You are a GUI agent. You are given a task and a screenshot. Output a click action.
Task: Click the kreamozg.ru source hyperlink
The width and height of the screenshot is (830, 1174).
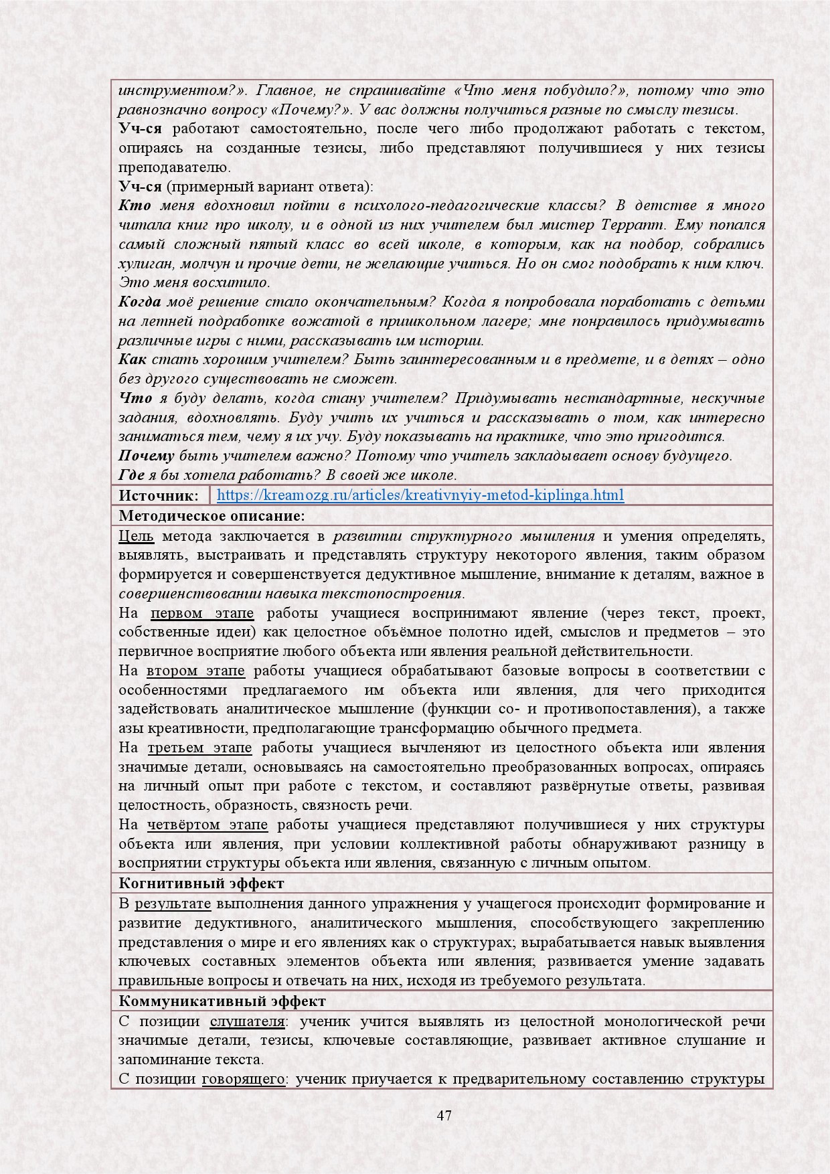(x=420, y=495)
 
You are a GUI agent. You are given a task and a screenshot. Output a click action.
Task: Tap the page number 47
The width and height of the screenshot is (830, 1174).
(x=444, y=1115)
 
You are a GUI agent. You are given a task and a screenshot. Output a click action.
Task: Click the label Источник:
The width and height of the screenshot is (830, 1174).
(x=159, y=495)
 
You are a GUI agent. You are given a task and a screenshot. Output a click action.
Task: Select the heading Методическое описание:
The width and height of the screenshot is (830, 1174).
(x=212, y=515)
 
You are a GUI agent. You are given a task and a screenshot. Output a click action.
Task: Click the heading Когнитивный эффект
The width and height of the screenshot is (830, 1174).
(x=201, y=883)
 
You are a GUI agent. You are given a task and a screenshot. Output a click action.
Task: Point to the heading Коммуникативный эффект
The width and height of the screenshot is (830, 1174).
(x=222, y=1001)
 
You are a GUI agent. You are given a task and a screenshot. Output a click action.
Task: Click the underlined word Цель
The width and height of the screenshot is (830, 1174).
(x=136, y=535)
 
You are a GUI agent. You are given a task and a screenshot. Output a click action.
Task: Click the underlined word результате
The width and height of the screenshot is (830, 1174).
(x=173, y=904)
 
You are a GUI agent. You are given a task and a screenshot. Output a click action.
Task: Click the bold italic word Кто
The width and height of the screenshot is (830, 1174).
(x=135, y=205)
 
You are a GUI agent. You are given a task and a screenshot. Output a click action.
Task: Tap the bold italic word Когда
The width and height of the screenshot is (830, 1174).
(x=140, y=302)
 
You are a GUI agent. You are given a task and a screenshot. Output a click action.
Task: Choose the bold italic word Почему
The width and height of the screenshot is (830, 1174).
(x=147, y=456)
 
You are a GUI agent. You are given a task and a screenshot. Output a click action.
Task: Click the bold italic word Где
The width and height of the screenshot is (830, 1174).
(x=131, y=475)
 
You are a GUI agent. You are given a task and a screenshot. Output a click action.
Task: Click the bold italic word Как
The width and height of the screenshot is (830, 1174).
(x=133, y=359)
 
